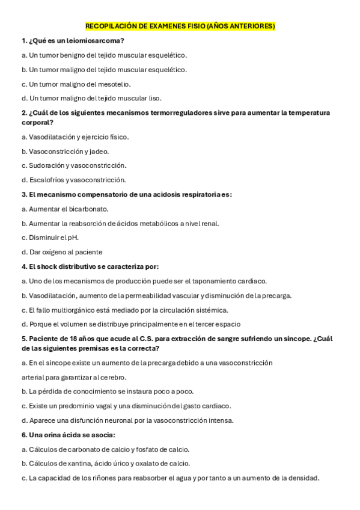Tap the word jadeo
coord(100,152)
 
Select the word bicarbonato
coord(88,209)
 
